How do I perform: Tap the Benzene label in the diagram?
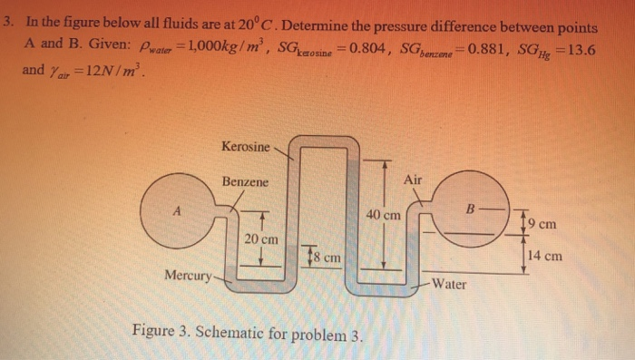click(x=245, y=181)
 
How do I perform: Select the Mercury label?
click(x=188, y=273)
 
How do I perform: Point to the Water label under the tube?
click(x=448, y=284)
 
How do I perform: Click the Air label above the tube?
click(x=412, y=180)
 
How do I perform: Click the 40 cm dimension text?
click(x=384, y=215)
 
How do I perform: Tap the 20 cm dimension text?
click(x=261, y=238)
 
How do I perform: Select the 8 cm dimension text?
click(x=327, y=258)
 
